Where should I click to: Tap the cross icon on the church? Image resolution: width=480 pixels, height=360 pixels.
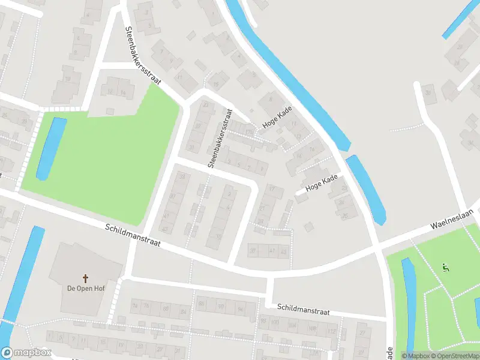pos(85,278)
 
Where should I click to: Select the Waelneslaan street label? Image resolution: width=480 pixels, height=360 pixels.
pos(452,220)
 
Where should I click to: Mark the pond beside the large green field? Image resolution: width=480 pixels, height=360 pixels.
pos(50,149)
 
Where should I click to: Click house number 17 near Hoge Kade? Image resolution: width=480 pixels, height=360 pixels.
pos(293,124)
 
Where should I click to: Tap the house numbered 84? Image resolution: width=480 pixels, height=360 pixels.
pos(182,311)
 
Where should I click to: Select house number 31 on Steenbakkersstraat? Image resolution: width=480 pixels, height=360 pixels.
pos(192,146)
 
